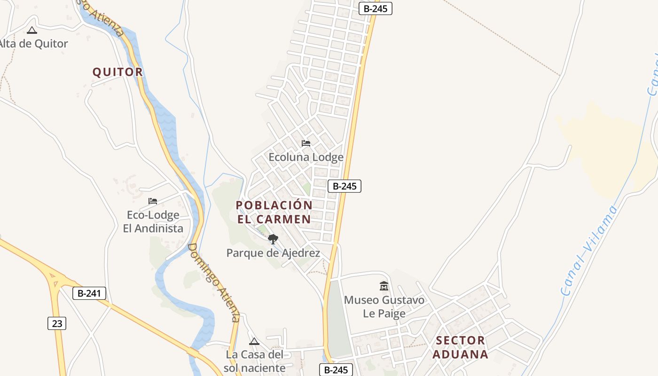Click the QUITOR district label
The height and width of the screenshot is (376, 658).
117,72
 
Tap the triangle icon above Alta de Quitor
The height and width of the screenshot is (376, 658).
32,31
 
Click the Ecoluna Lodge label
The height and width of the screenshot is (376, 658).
306,157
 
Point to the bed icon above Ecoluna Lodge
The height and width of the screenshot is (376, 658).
306,143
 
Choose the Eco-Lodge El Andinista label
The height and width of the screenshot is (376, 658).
153,222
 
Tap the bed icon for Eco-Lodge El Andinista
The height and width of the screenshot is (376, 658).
153,201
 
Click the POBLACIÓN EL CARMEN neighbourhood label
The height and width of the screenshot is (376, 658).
274,212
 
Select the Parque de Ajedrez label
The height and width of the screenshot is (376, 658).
273,253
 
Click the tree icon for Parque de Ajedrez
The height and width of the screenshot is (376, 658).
273,240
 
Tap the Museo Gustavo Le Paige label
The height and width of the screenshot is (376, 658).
384,306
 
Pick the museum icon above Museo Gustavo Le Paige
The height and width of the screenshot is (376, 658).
384,286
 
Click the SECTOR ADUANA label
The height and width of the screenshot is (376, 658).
460,347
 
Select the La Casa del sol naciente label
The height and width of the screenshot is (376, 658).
254,361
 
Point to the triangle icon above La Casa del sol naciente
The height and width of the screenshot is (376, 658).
254,341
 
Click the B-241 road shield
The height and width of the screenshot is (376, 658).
89,294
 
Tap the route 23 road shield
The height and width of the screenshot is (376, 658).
57,323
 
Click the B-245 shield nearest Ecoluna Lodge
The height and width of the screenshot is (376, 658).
344,186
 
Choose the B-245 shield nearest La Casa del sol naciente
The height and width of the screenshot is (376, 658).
336,369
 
